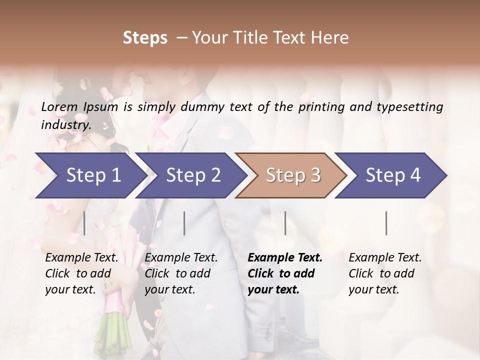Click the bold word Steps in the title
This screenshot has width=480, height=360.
pos(145,38)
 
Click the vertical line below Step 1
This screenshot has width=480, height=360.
pos(84,223)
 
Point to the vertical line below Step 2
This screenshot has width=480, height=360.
pos(184,223)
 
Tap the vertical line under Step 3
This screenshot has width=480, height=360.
pos(285,223)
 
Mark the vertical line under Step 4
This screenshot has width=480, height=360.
pos(386,223)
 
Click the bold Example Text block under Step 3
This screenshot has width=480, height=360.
pos(285,273)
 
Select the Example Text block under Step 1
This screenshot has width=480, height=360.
pos(81,273)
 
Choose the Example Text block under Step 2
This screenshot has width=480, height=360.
pos(181,273)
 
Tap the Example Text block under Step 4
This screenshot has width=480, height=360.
pos(385,273)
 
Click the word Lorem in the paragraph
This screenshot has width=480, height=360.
pos(58,107)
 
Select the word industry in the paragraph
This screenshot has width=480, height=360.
pos(65,125)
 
